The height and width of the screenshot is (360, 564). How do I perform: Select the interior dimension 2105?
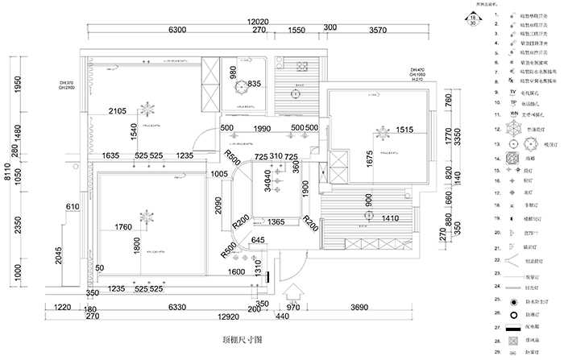pyautogui.click(x=118, y=111)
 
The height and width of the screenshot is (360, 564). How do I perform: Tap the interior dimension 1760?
pyautogui.click(x=123, y=227)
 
